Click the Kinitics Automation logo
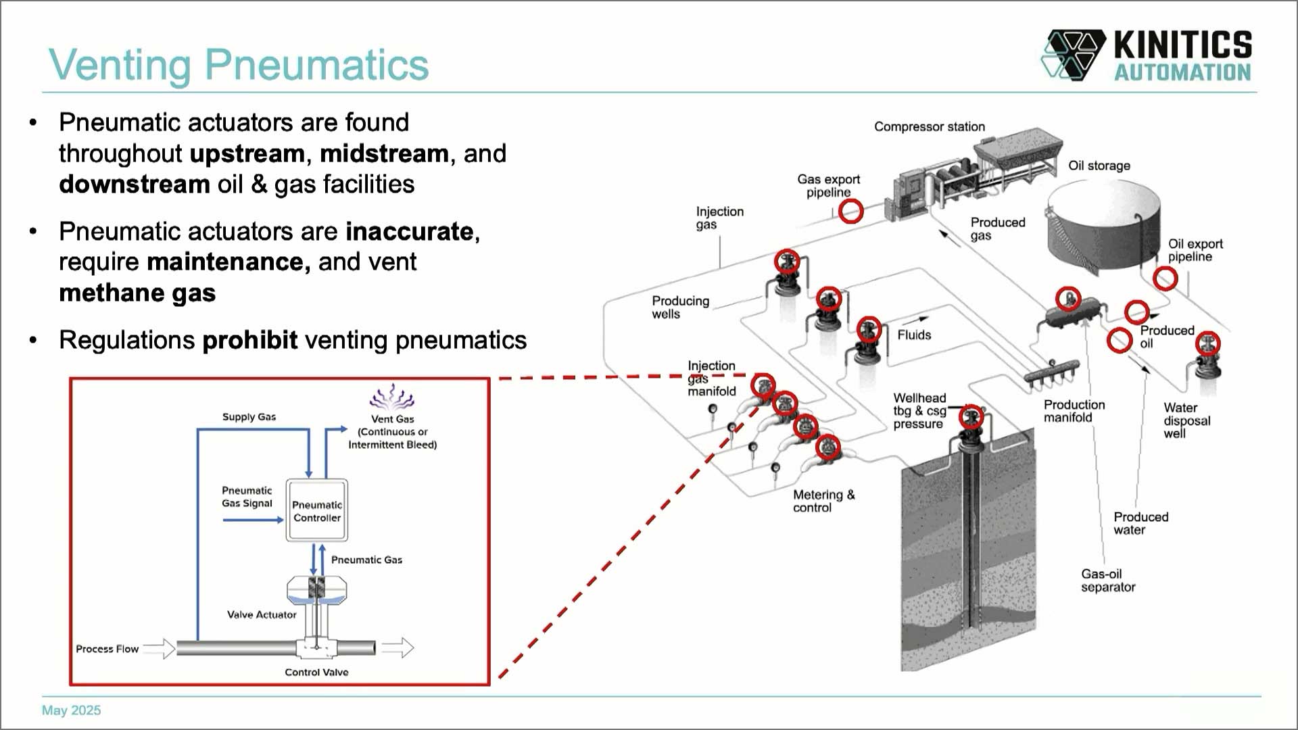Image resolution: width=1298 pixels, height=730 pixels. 1146,55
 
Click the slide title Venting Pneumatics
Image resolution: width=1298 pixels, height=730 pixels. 239,65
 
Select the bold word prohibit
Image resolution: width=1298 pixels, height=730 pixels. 249,340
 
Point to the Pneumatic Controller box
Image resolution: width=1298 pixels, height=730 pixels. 316,511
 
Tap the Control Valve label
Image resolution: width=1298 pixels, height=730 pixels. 316,672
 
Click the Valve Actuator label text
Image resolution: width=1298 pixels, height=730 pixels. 262,614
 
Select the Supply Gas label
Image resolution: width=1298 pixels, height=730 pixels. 249,417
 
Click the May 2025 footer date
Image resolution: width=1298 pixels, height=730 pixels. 71,710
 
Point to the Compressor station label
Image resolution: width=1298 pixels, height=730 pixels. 929,126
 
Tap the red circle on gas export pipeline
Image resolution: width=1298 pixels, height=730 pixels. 850,211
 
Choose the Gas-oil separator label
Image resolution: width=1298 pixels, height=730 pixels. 1107,581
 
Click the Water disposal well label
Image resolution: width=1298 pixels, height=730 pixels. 1186,420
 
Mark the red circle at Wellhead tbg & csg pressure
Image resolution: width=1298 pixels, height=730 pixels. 971,416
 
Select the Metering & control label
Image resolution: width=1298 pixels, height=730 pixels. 823,501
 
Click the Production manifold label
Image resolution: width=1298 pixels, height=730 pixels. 1074,411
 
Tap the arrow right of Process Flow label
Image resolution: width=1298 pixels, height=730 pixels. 160,648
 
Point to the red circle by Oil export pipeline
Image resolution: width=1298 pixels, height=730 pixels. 1165,278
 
